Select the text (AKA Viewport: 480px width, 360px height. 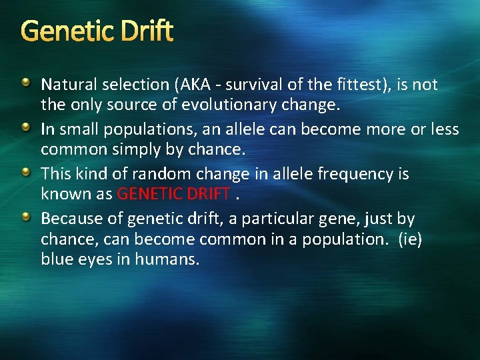(191, 85)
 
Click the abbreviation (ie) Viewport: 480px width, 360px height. (409, 238)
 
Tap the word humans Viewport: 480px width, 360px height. (167, 258)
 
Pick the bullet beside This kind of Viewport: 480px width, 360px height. (25, 172)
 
